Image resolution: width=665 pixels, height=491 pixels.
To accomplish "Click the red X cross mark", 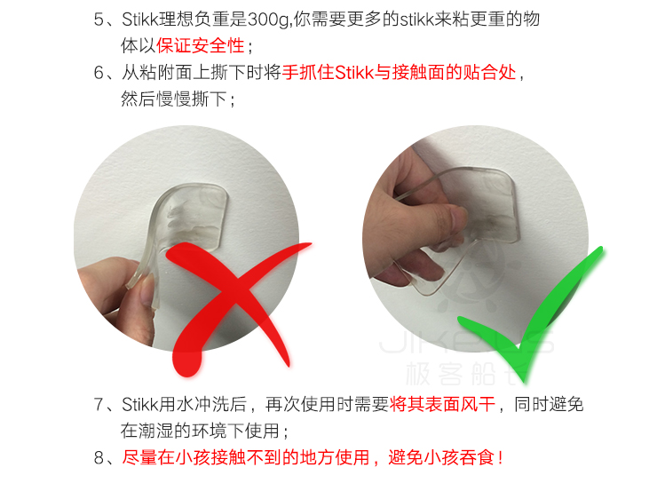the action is [238, 297].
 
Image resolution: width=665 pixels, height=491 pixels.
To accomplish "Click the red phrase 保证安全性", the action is [200, 46].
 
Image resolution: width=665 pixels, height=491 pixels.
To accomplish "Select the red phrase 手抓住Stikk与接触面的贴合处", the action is [399, 73].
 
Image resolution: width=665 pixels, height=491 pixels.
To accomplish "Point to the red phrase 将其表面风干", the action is [442, 404].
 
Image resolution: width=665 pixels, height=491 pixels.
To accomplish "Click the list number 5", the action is [99, 20].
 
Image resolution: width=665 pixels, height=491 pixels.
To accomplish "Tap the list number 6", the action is [99, 73].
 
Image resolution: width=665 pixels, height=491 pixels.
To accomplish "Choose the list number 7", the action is [99, 404].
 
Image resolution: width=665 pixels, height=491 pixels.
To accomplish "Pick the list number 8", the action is [99, 457].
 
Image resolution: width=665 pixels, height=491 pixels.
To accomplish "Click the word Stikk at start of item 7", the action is [140, 404].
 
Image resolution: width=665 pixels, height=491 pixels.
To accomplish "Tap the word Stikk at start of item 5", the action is [140, 20].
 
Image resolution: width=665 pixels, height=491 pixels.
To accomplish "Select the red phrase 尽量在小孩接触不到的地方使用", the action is [246, 457].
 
